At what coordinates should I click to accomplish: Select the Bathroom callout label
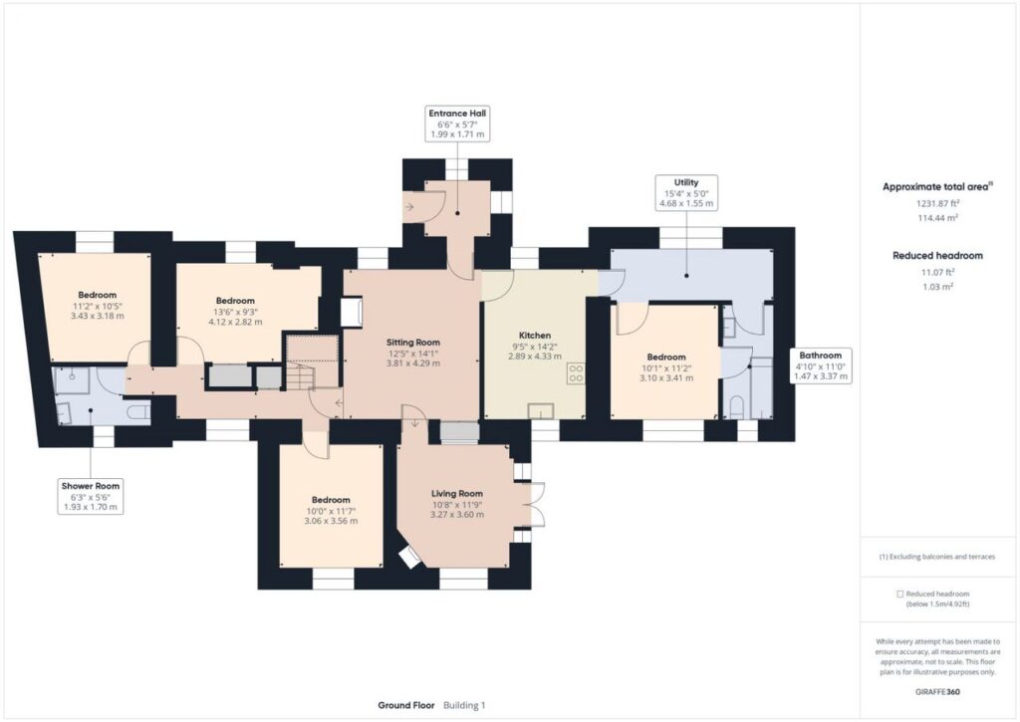(x=822, y=365)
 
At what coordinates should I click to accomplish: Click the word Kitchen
(x=535, y=336)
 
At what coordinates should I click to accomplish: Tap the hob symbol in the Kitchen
(x=575, y=374)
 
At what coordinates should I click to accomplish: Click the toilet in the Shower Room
(x=140, y=410)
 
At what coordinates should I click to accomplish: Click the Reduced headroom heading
(x=936, y=256)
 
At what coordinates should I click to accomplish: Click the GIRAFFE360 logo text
(x=936, y=691)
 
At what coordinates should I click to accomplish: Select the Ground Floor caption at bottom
(x=406, y=705)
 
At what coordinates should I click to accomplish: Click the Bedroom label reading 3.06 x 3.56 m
(x=331, y=511)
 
